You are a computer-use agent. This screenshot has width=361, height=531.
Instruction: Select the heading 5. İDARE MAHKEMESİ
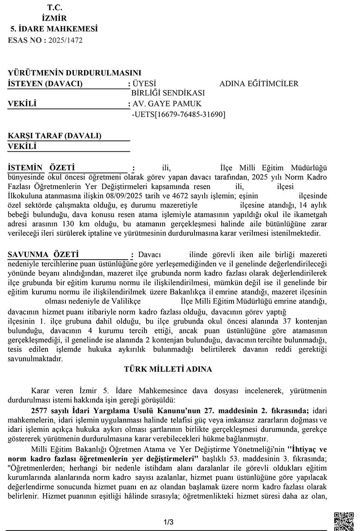pos(54,29)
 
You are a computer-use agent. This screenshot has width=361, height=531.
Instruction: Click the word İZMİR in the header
pos(54,19)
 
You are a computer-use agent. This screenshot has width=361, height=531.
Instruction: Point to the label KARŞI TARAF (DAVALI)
pos(54,136)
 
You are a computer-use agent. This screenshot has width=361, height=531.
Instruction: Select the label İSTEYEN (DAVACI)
pos(45,83)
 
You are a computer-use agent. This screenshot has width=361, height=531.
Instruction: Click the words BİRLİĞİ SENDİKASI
pos(169,93)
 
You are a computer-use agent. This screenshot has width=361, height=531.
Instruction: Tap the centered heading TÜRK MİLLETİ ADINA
pos(168,369)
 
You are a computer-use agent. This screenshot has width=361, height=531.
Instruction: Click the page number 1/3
pos(168,522)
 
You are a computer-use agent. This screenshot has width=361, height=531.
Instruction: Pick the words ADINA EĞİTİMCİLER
pos(259,84)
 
